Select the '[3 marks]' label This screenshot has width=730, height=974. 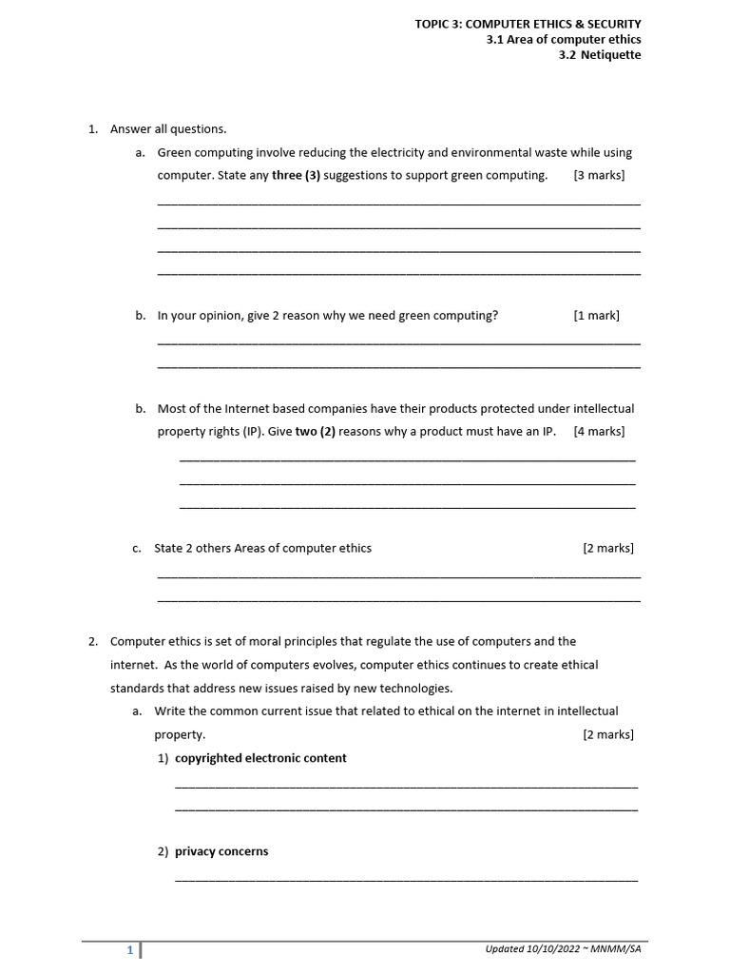(x=599, y=175)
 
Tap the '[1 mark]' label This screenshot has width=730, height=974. (x=596, y=316)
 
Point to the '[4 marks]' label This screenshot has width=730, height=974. (x=599, y=431)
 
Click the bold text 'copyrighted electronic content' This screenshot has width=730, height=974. (x=260, y=758)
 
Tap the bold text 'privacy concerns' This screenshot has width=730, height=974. (x=221, y=851)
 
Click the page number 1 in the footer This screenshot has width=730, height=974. (x=130, y=949)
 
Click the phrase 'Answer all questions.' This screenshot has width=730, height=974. (x=168, y=128)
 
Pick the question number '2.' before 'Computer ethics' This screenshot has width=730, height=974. (x=94, y=641)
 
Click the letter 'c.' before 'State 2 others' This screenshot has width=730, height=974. (x=138, y=548)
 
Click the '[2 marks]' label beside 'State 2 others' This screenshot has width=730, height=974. (x=607, y=548)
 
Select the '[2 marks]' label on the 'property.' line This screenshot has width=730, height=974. (x=607, y=734)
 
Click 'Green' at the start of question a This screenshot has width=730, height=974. (x=174, y=152)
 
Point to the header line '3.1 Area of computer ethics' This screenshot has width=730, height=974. (x=564, y=39)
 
